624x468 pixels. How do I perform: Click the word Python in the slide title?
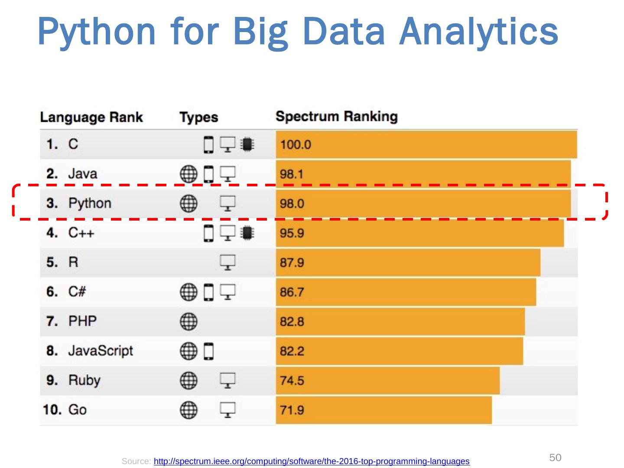[96, 32]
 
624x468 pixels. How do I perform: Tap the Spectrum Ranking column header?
[336, 117]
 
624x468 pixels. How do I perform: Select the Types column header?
[198, 117]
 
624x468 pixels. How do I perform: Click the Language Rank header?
[91, 117]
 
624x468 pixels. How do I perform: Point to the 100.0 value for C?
[296, 144]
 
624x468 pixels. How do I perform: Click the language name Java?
[82, 174]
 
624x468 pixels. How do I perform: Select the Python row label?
[90, 203]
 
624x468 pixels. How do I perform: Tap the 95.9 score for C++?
[292, 233]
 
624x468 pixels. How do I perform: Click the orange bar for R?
[407, 263]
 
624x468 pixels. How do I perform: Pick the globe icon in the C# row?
[188, 292]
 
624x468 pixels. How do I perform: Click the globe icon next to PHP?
[188, 321]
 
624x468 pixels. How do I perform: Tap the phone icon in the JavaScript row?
[209, 351]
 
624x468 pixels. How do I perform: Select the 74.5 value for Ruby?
[292, 380]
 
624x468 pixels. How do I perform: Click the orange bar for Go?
[383, 410]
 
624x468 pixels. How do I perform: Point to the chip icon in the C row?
[247, 144]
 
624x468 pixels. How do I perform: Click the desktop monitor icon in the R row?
[228, 262]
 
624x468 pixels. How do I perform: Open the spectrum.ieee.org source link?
[312, 461]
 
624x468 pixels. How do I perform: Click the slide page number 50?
[556, 458]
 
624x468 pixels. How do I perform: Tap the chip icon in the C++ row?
[247, 233]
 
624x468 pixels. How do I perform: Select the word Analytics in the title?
[479, 32]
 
